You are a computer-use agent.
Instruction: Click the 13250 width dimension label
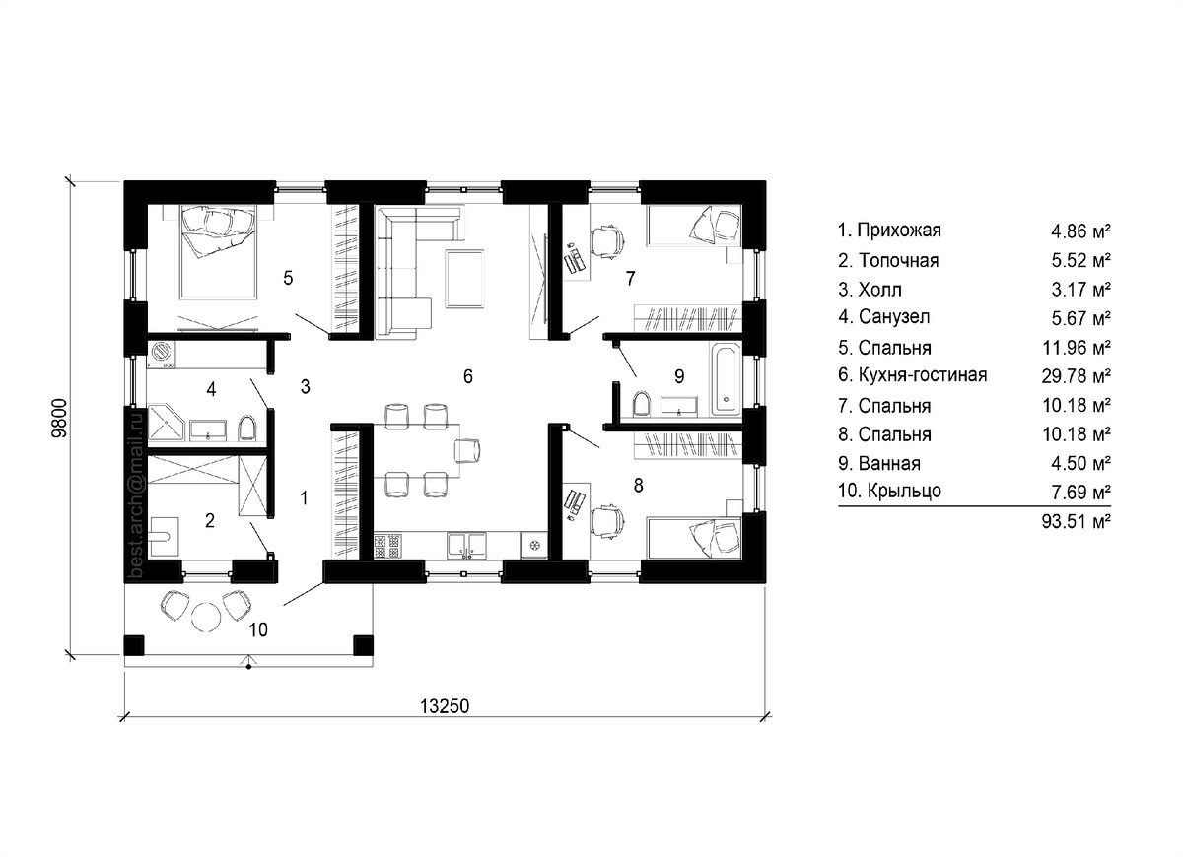click(x=445, y=706)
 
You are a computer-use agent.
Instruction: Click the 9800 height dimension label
click(x=60, y=418)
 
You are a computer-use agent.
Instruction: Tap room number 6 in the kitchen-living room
click(x=468, y=376)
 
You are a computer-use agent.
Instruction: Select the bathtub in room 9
click(x=727, y=379)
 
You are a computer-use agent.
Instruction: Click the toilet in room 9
click(x=641, y=404)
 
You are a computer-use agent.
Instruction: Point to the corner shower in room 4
click(x=166, y=423)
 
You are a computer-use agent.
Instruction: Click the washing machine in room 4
click(x=162, y=354)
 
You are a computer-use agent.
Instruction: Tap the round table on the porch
click(x=206, y=617)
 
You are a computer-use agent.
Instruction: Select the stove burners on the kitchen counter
click(x=387, y=546)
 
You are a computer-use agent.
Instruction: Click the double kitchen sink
click(x=467, y=546)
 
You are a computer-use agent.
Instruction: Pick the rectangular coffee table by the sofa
click(x=464, y=279)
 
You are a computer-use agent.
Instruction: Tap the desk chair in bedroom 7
click(x=607, y=241)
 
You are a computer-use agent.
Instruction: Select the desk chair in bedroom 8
click(x=607, y=523)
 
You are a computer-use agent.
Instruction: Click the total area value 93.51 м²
click(x=1076, y=521)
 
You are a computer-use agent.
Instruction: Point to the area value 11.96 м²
click(x=1076, y=347)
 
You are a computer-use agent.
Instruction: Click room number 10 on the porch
click(x=258, y=629)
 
